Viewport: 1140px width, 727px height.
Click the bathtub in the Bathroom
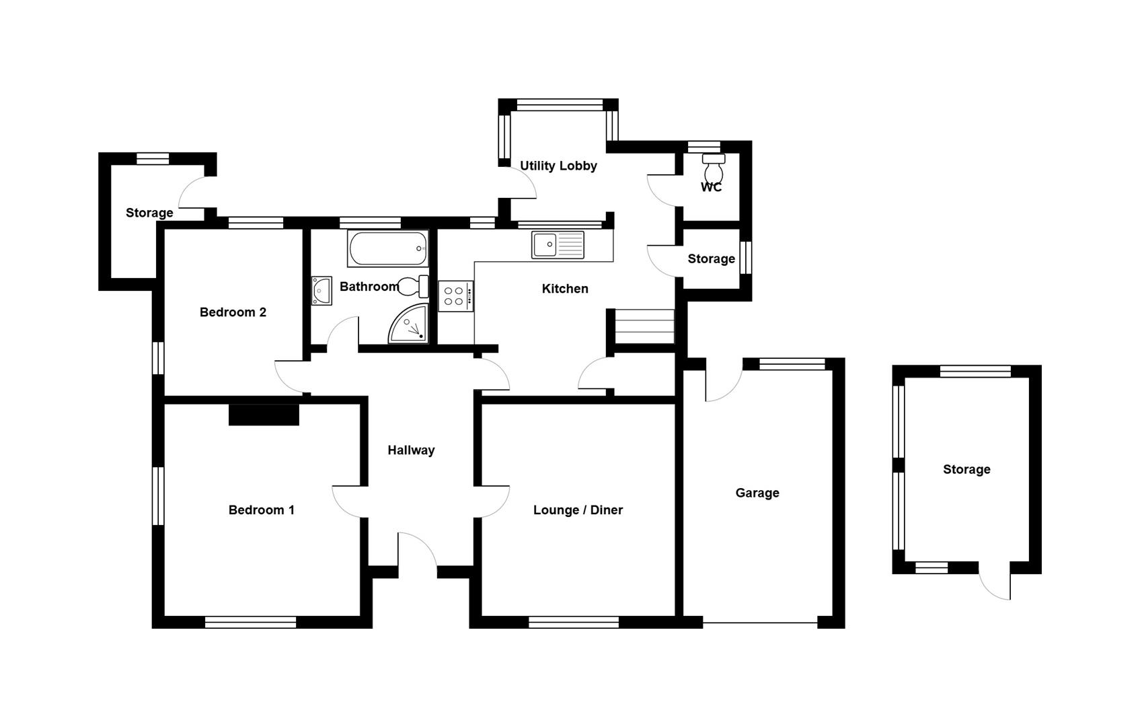tap(388, 248)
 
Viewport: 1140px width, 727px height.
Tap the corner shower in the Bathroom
tap(409, 324)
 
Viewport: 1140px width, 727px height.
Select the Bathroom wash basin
tap(321, 291)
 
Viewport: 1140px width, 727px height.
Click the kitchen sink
tap(558, 245)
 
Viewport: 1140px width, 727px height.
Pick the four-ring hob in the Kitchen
tap(456, 296)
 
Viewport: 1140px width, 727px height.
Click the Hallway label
tap(411, 450)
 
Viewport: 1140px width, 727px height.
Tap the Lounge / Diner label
tap(578, 510)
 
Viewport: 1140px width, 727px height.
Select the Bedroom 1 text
tap(262, 510)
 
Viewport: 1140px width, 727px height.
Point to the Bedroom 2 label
tap(233, 312)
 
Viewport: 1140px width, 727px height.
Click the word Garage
tap(757, 493)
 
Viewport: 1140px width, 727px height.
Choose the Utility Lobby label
tap(558, 166)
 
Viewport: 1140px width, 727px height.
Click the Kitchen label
tap(565, 289)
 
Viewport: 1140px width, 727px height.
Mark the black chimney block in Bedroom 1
tap(264, 415)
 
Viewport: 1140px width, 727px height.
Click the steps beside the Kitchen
tap(645, 326)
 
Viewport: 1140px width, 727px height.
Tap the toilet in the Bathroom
tap(413, 286)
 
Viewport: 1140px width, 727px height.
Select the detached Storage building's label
tap(966, 470)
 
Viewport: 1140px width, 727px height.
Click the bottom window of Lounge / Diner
tap(574, 622)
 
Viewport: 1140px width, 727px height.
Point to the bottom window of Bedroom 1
tap(250, 622)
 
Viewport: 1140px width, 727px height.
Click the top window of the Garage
tap(792, 363)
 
